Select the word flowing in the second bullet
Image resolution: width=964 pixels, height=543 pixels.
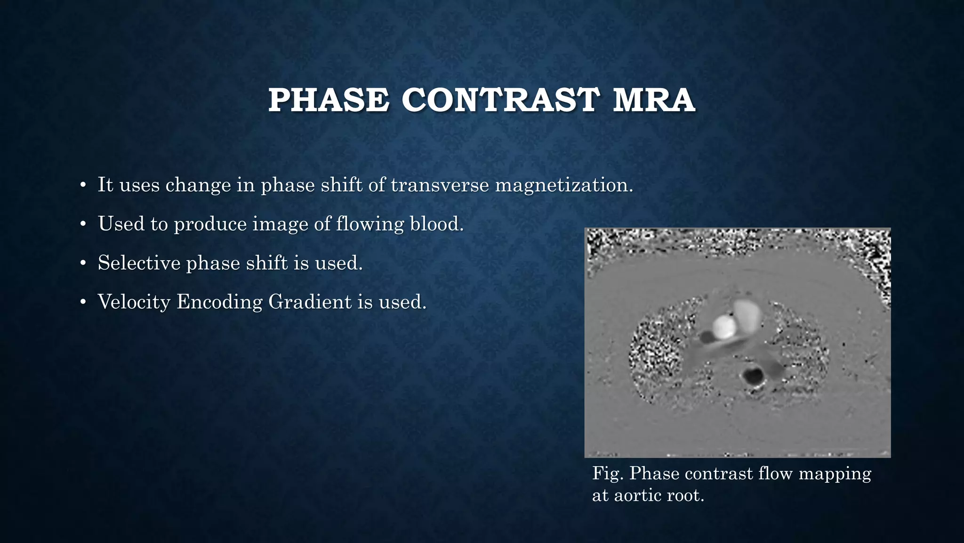[370, 224]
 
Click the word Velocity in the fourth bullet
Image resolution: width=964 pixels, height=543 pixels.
[134, 302]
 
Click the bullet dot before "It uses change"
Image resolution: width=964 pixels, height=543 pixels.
[83, 185]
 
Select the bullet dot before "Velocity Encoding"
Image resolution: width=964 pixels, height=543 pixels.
[83, 303]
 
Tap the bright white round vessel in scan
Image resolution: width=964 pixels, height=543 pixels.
[724, 327]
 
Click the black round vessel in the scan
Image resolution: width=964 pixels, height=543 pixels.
[753, 376]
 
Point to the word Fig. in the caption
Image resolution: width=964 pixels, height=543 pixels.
[608, 473]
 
